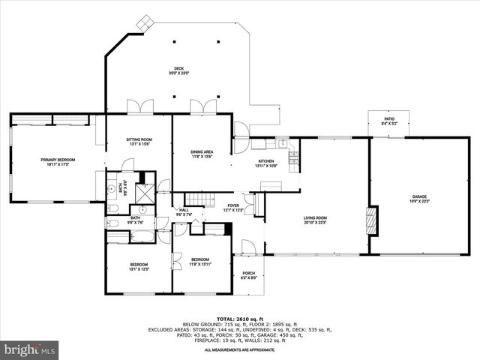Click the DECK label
click(x=178, y=70)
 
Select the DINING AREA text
click(x=202, y=154)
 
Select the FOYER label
click(x=233, y=207)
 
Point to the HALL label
click(x=184, y=212)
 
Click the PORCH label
click(x=248, y=275)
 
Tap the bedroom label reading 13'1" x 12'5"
click(x=139, y=266)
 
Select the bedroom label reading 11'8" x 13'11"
click(x=200, y=261)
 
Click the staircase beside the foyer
click(x=196, y=197)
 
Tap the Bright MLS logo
click(x=31, y=349)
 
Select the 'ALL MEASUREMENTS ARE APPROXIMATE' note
click(x=239, y=349)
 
